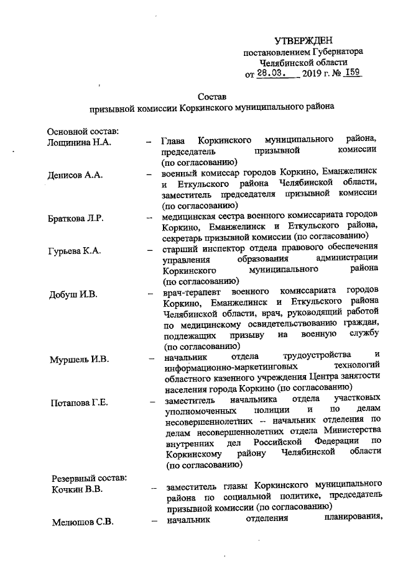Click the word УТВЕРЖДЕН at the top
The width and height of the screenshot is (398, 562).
pyautogui.click(x=305, y=40)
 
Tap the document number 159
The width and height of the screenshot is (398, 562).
pyautogui.click(x=353, y=73)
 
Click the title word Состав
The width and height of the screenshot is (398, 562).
pyautogui.click(x=211, y=96)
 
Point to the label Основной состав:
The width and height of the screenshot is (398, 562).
pyautogui.click(x=83, y=132)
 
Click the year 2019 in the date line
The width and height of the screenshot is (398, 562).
pyautogui.click(x=312, y=74)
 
